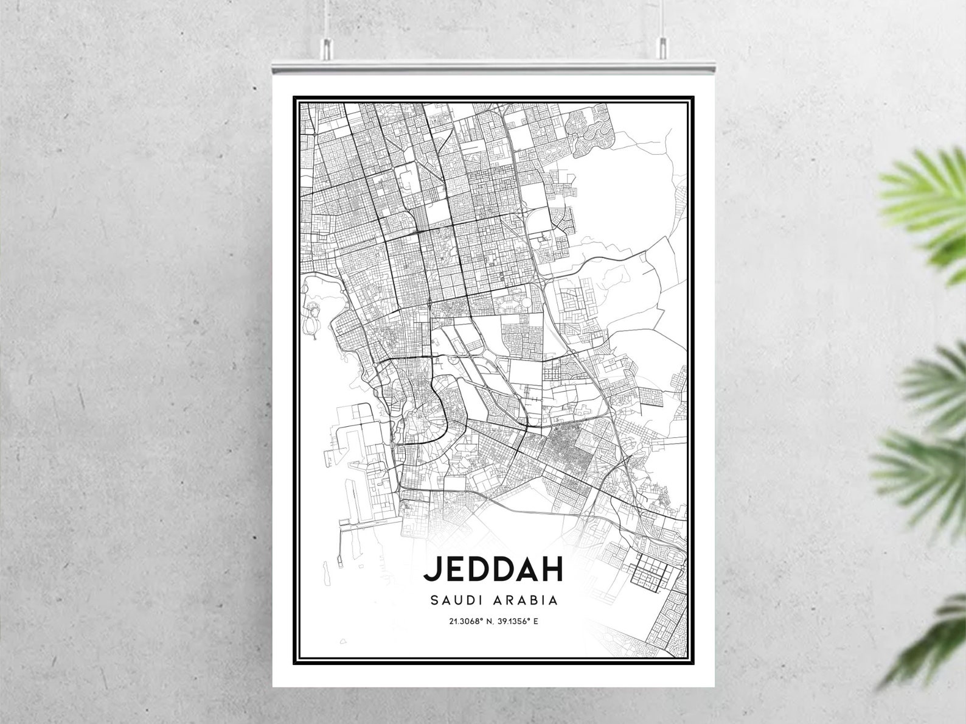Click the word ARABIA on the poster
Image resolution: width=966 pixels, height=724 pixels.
(528, 600)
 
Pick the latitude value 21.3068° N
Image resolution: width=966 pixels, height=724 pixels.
(470, 622)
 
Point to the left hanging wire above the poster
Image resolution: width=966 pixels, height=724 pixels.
(327, 18)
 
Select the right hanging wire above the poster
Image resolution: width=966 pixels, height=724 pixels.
(661, 18)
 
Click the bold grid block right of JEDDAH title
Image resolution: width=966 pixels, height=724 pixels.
(655, 575)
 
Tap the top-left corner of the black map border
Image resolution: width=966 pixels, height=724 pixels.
(294, 97)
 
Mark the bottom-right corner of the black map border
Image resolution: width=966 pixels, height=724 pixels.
(693, 662)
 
